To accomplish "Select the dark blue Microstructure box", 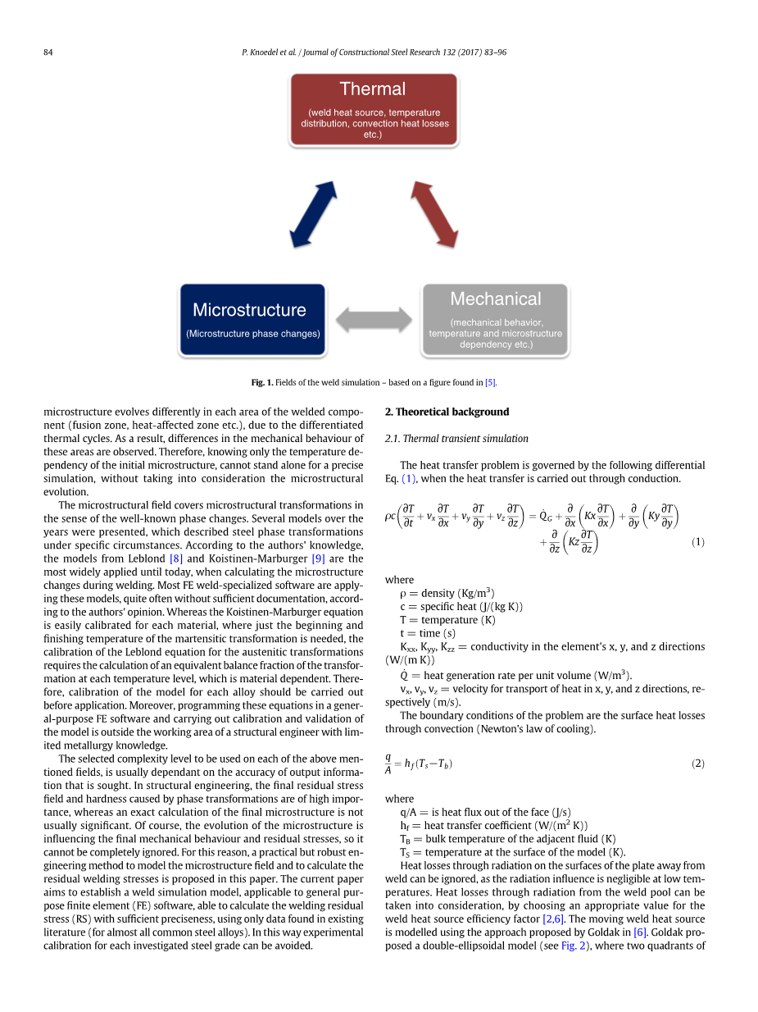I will pos(252,320).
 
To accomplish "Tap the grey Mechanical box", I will pos(495,320).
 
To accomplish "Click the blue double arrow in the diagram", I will pos(313,214).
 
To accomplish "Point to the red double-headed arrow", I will pos(433,214).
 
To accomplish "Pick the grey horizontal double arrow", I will pos(374,320).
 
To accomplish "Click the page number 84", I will pos(48,52).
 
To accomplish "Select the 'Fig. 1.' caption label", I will pos(261,383).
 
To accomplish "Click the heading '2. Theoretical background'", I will pos(447,412).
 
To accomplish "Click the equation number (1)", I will pos(697,542).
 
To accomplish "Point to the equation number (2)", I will pos(697,764).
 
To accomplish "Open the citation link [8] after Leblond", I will pos(175,558).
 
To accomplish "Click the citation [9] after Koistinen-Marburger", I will pos(318,558).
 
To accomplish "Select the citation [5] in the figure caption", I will pos(490,383).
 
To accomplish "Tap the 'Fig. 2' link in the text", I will pos(572,946).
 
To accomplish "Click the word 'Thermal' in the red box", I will pos(373,89).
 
